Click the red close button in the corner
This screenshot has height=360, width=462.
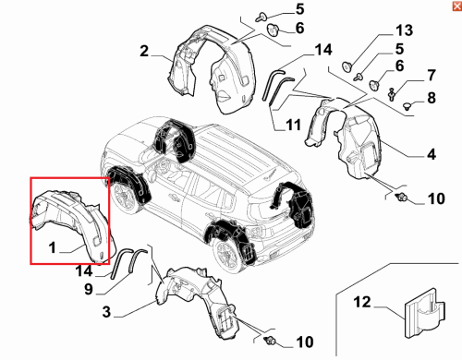pos(457,6)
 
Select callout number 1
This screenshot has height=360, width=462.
pos(53,247)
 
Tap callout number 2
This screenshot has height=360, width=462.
pos(144,51)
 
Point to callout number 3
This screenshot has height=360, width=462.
pos(106,312)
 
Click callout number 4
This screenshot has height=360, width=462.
pos(432,154)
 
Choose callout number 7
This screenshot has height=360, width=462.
pos(432,76)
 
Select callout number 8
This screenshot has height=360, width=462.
pos(432,98)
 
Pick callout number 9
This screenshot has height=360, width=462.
pos(89,289)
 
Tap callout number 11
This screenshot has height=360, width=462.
pos(293,125)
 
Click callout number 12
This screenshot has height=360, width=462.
pos(362,302)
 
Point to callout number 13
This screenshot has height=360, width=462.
pos(404,30)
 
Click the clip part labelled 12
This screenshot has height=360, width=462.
pos(425,314)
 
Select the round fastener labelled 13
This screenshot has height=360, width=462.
pos(347,66)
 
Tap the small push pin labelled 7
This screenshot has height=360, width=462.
pos(392,94)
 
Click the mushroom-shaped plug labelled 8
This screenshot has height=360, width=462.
pos(407,106)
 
